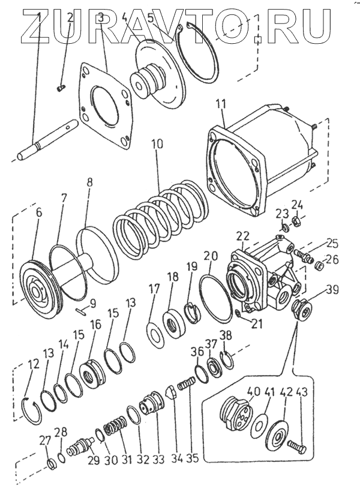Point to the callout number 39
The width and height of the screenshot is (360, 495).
[332, 290]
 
